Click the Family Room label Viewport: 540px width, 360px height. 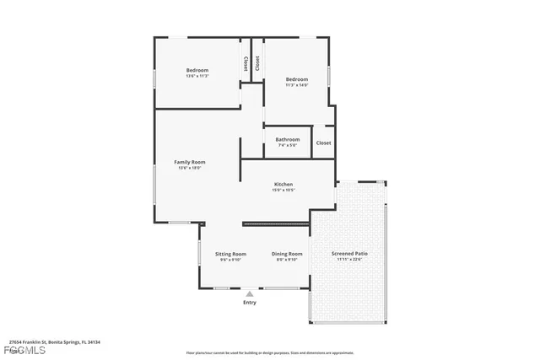pyautogui.click(x=190, y=162)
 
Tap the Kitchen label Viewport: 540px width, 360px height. pyautogui.click(x=283, y=184)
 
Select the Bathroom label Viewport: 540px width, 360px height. pyautogui.click(x=288, y=139)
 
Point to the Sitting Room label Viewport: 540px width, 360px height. pyautogui.click(x=230, y=254)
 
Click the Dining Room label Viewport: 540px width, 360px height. pyautogui.click(x=287, y=254)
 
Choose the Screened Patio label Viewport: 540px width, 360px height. pyautogui.click(x=349, y=254)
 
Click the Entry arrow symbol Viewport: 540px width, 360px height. pyautogui.click(x=249, y=293)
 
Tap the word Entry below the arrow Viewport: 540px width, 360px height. pyautogui.click(x=249, y=302)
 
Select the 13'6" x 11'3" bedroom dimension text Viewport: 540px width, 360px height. pyautogui.click(x=197, y=76)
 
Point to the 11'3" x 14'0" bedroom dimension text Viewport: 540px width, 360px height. pyautogui.click(x=296, y=84)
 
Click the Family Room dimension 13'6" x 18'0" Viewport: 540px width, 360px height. pyautogui.click(x=190, y=168)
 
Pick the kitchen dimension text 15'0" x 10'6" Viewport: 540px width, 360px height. pyautogui.click(x=283, y=190)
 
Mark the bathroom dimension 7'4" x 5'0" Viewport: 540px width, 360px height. pyautogui.click(x=288, y=145)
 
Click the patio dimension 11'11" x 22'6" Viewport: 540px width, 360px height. pyautogui.click(x=349, y=260)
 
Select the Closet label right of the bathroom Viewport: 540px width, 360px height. pyautogui.click(x=324, y=142)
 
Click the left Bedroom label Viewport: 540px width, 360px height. pyautogui.click(x=197, y=70)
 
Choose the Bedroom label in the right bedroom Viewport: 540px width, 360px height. pyautogui.click(x=296, y=78)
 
